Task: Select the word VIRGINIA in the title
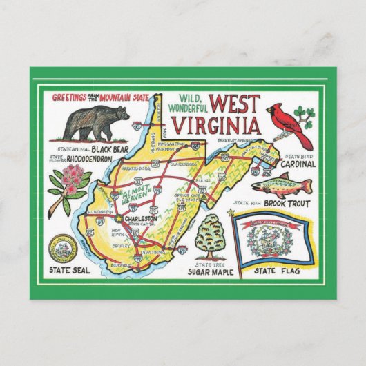click(217, 127)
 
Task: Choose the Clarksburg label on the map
click(182, 166)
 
